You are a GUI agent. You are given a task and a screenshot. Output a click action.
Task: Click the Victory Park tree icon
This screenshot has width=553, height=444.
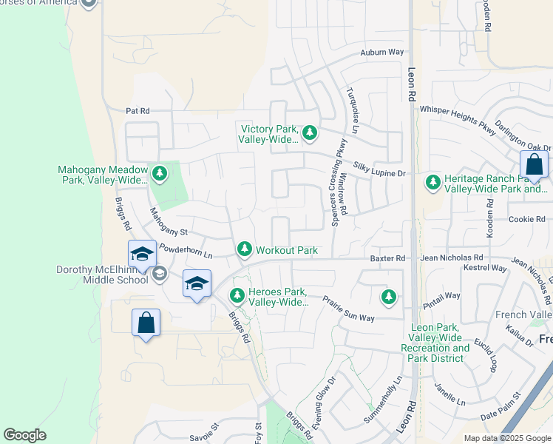(x=310, y=133)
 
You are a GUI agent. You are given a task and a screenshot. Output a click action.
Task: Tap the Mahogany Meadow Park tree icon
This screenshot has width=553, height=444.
(x=160, y=174)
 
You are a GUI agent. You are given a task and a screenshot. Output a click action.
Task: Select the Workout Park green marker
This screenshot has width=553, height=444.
(x=245, y=250)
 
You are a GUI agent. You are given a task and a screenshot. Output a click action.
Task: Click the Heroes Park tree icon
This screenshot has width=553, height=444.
(x=237, y=296)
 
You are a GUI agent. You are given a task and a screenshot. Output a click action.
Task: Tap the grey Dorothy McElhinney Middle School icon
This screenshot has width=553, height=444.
(x=159, y=275)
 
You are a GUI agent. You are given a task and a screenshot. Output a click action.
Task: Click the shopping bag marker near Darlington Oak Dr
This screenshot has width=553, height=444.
(x=534, y=166)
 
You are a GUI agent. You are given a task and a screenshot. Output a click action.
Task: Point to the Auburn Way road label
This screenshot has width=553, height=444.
(x=382, y=53)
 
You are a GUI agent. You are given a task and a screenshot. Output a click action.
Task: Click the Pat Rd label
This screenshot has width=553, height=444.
(x=138, y=111)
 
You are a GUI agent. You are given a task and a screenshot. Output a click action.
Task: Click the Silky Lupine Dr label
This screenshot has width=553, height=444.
(x=380, y=172)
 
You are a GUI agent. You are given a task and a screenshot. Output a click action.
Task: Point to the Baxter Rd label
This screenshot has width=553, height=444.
(x=389, y=258)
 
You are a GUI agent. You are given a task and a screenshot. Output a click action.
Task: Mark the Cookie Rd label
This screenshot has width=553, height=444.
(x=526, y=219)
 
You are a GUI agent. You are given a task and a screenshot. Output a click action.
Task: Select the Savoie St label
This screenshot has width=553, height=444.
(x=204, y=430)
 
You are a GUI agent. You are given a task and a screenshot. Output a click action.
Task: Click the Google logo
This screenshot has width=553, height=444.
(x=24, y=434)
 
